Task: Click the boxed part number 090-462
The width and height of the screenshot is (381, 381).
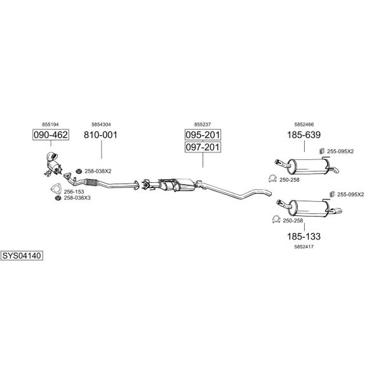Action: pos(50,135)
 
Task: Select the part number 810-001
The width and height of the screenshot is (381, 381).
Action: pos(101,135)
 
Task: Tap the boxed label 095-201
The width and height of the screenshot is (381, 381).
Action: pos(203,135)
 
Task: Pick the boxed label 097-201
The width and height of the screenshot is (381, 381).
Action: pos(203,147)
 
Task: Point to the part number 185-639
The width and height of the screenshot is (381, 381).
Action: pos(304,135)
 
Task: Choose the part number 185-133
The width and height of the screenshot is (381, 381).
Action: pos(304,236)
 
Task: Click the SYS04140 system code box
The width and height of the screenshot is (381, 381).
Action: pos(22,256)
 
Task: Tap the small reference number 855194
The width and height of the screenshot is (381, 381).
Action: pos(50,124)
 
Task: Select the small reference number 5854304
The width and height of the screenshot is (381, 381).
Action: pos(101,124)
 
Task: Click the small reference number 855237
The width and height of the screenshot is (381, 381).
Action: pos(203,124)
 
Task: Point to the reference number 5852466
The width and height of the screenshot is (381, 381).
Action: pos(304,124)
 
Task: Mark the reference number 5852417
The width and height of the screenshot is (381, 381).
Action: pos(304,246)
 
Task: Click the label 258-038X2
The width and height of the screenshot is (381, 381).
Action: pos(98,171)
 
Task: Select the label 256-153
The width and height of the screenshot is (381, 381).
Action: pos(75,191)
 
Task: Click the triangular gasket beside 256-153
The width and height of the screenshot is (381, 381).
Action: pos(56,189)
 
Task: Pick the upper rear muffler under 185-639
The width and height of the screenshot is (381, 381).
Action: pos(307,166)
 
